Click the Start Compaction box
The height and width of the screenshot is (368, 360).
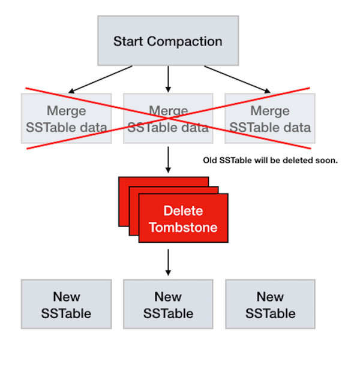(x=168, y=41)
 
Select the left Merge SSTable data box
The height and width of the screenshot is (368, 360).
(x=66, y=119)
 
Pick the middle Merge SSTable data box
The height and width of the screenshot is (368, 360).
(x=168, y=119)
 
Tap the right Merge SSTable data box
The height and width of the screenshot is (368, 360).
(x=270, y=119)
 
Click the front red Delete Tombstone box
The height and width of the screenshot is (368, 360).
(x=183, y=219)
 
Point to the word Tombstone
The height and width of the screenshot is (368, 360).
(x=183, y=228)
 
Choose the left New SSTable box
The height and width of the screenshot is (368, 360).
(x=66, y=304)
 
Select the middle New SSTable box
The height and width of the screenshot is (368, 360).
(x=168, y=304)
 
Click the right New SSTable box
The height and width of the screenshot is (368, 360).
(x=270, y=304)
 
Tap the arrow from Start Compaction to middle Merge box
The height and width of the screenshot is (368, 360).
(x=168, y=78)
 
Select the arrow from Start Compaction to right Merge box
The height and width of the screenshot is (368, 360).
(x=237, y=79)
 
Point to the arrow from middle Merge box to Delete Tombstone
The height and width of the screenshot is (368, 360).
(x=168, y=159)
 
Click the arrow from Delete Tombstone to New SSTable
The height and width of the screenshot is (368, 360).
(x=168, y=262)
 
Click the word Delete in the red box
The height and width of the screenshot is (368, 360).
(x=183, y=212)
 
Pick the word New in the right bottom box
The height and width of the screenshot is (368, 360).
(x=270, y=297)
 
